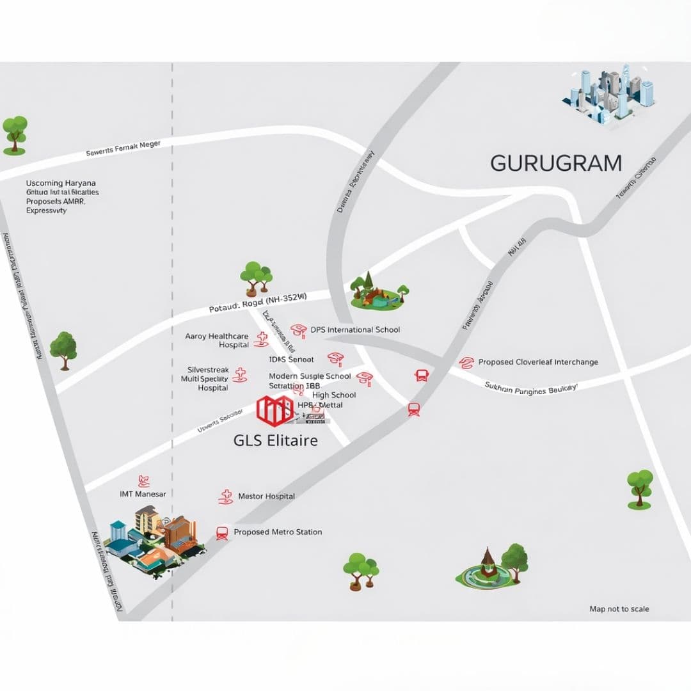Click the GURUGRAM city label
coord(555,163)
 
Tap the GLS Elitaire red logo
coord(274,410)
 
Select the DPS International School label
coord(355,330)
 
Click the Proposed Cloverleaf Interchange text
coord(538,362)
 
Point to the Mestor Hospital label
coord(266,496)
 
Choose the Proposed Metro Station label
coord(278,532)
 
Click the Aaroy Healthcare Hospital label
coord(217,340)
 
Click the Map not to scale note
coord(619,609)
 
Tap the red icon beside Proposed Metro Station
coord(222,532)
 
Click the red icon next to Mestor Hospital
coord(225,497)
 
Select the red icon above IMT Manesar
coord(144,481)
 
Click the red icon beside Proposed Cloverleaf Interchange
coord(466,363)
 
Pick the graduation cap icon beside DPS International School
coord(298,330)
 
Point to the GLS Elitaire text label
coord(276,441)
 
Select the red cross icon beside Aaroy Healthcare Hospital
coord(260,340)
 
